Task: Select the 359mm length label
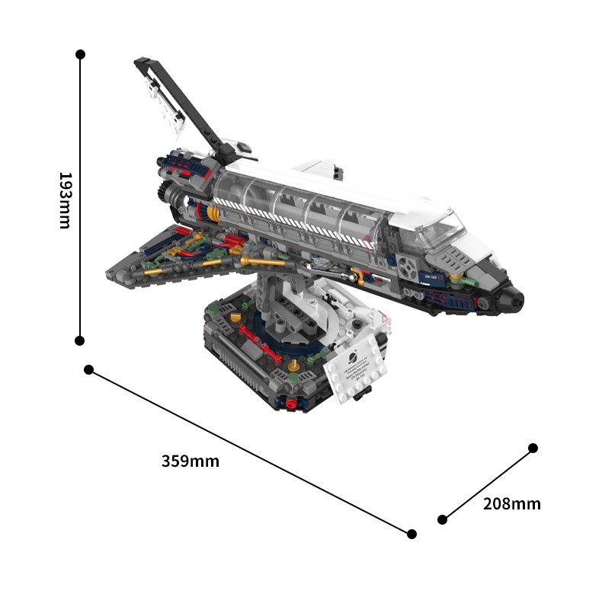[190, 461]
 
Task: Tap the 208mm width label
[511, 503]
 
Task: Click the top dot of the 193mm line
[80, 54]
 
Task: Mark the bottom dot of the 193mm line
[79, 340]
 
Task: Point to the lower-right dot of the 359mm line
[411, 534]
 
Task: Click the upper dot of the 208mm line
[533, 448]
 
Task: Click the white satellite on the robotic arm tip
[166, 104]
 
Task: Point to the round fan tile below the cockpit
[406, 267]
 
